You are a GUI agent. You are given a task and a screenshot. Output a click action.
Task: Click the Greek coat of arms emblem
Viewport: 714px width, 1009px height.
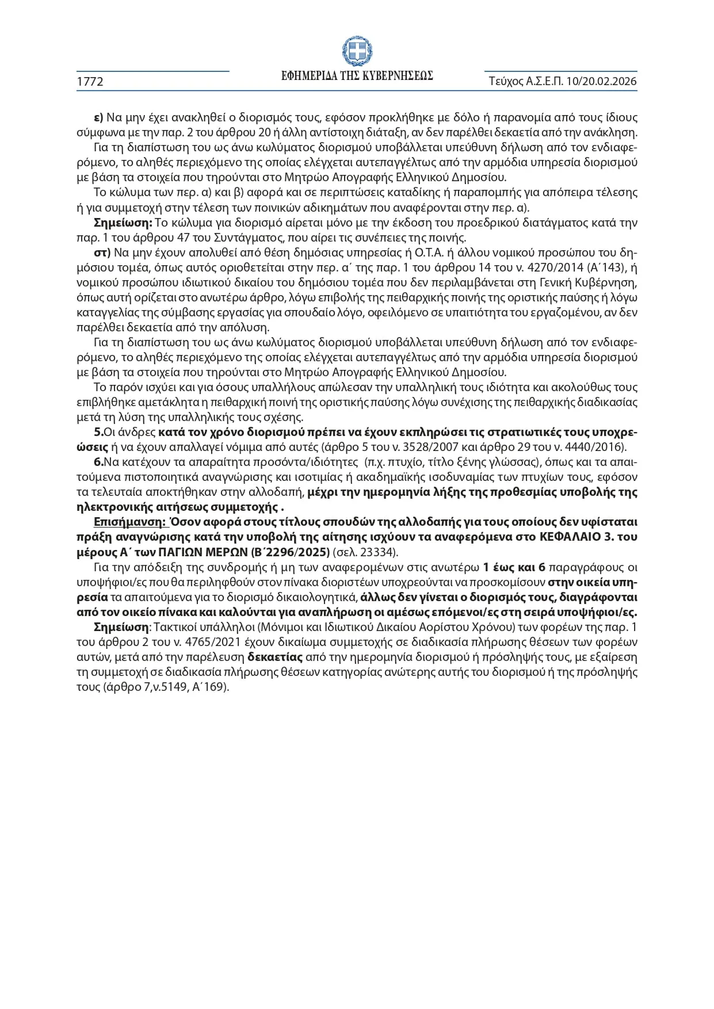[357, 51]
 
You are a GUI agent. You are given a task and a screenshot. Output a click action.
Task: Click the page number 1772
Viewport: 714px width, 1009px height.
[90, 82]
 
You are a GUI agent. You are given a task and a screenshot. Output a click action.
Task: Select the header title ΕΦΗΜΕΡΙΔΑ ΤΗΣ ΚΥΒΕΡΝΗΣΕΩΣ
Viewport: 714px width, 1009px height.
[357, 76]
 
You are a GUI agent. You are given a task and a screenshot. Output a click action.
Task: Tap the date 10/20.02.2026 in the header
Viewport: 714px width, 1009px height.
[601, 81]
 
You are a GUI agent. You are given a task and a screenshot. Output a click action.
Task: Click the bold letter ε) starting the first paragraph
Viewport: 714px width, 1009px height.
[98, 117]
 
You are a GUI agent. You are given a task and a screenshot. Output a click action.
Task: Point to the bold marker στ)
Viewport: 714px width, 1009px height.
[102, 253]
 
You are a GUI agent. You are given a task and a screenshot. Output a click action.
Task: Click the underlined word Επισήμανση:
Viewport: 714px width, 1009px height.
[130, 522]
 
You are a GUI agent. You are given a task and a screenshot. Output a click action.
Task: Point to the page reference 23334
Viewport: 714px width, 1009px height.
[374, 552]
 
